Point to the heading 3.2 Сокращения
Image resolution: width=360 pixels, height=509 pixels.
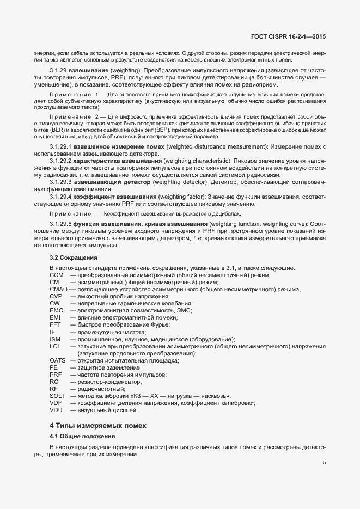pyautogui.click(x=74, y=257)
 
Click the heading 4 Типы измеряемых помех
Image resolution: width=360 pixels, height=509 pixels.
pyautogui.click(x=98, y=425)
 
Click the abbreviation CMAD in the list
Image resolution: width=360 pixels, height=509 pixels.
pyautogui.click(x=58, y=289)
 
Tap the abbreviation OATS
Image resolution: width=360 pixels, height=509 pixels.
pyautogui.click(x=57, y=360)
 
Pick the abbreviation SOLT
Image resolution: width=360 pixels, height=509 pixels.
pyautogui.click(x=57, y=396)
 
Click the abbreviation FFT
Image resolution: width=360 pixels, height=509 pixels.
pyautogui.click(x=55, y=324)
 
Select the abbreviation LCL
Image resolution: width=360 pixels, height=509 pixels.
pyautogui.click(x=55, y=346)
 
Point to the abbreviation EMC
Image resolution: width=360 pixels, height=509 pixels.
pyautogui.click(x=56, y=310)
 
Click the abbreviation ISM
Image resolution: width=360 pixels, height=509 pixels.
pyautogui.click(x=55, y=339)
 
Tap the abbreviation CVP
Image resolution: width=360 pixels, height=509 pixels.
pyautogui.click(x=56, y=296)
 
